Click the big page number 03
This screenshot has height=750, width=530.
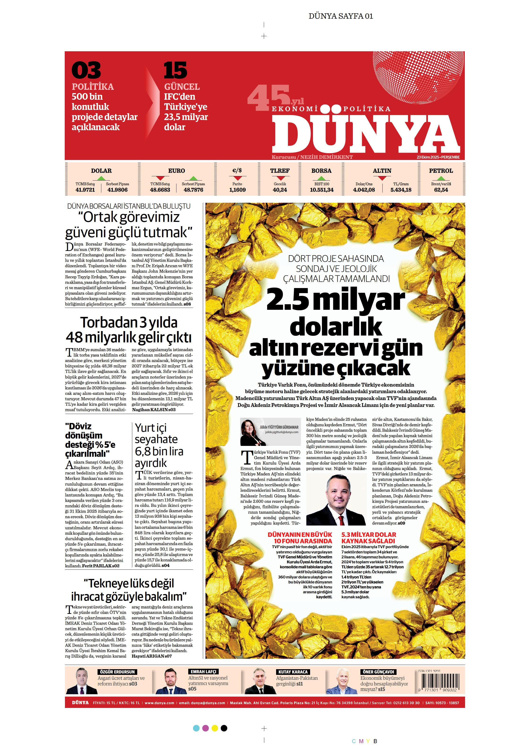pyautogui.click(x=86, y=71)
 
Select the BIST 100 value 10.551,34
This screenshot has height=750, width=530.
pyautogui.click(x=322, y=190)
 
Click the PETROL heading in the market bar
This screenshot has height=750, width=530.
pyautogui.click(x=441, y=171)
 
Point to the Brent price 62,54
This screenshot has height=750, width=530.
pyautogui.click(x=441, y=190)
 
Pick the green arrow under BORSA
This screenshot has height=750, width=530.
pyautogui.click(x=321, y=178)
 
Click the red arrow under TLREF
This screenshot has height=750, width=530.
pyautogui.click(x=280, y=178)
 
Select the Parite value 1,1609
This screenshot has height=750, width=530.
pyautogui.click(x=237, y=190)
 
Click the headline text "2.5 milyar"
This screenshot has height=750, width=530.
pyautogui.click(x=336, y=300)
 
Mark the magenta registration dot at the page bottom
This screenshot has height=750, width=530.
pyautogui.click(x=206, y=728)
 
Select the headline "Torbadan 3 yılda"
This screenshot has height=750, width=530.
pyautogui.click(x=129, y=322)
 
